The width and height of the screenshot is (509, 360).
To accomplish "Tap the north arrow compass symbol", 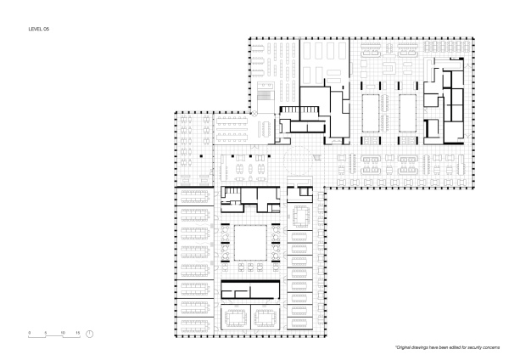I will [x=89, y=334].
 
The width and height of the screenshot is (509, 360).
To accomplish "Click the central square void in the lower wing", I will [x=250, y=242].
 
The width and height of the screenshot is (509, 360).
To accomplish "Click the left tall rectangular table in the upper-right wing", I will [x=372, y=113].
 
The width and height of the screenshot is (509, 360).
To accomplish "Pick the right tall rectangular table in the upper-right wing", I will [x=406, y=113].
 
